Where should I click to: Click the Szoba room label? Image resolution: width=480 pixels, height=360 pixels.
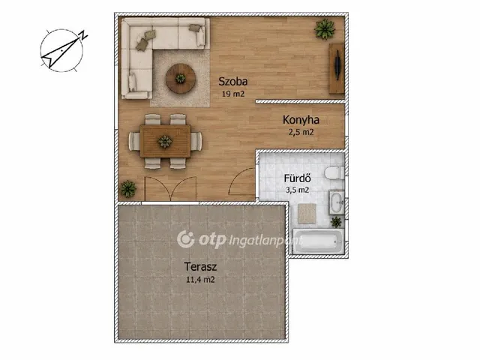(233, 82)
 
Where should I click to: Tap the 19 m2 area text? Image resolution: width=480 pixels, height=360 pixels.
(233, 94)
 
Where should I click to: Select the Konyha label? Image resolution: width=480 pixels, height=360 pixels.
(301, 120)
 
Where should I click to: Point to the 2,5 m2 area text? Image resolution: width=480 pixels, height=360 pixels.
(301, 132)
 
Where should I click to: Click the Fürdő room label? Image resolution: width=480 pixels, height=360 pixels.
(297, 178)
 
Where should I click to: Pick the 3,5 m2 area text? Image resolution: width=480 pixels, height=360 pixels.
(297, 190)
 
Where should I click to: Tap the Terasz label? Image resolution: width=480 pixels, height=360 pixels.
(200, 267)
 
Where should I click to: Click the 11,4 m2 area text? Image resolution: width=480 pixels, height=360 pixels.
(200, 280)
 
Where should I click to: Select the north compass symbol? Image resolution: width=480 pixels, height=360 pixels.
(63, 50)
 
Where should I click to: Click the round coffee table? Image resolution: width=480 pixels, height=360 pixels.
(181, 78)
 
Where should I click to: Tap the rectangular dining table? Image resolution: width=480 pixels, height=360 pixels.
(165, 141)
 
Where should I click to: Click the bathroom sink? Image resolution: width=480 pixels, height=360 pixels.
(337, 202)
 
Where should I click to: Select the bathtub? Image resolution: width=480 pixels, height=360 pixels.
(319, 241)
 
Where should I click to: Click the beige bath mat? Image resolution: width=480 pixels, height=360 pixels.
(307, 213)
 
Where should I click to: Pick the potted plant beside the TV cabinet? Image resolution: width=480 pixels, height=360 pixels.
(325, 29)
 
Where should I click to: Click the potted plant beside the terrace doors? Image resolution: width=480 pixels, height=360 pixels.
(128, 189)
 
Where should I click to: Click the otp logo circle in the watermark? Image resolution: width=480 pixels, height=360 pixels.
(185, 239)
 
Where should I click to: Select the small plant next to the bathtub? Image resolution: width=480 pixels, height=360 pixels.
(336, 222)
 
